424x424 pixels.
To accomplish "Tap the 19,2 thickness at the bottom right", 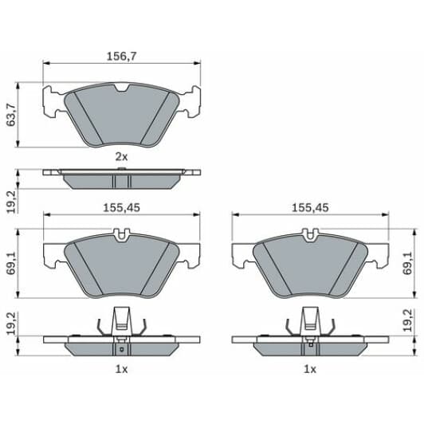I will [x=409, y=320].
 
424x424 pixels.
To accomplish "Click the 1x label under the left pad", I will [x=120, y=369].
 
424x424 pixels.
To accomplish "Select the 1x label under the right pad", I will [x=310, y=369].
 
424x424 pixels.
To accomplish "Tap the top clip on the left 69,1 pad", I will [x=121, y=235].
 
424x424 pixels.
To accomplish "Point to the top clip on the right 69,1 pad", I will [x=310, y=235].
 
